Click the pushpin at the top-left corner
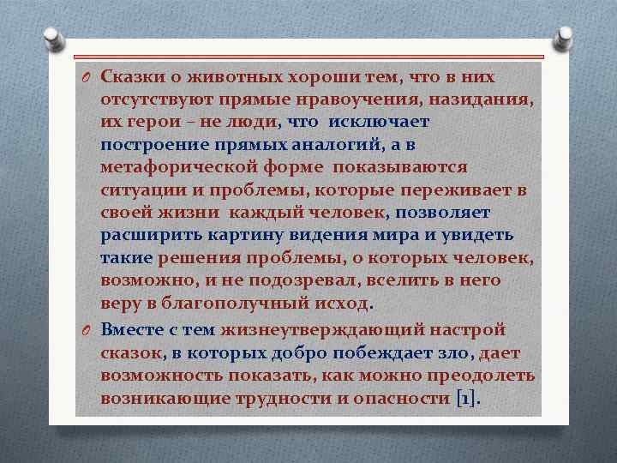(51, 39)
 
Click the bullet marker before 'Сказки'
(87, 77)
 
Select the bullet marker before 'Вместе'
(87, 330)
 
